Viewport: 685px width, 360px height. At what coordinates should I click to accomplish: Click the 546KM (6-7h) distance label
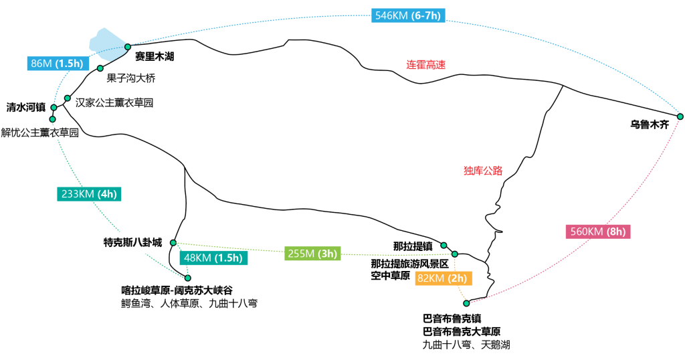(408, 15)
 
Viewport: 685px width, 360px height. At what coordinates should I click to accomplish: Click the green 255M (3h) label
(312, 253)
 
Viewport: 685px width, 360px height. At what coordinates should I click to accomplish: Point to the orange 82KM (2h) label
(442, 278)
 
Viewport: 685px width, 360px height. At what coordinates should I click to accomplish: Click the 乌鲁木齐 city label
(649, 124)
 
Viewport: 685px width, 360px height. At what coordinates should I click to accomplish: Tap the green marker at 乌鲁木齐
(680, 116)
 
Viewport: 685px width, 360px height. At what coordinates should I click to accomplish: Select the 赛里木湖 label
(155, 57)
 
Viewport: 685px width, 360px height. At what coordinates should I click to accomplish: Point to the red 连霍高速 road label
(426, 65)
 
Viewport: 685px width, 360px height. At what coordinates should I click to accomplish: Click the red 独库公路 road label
(482, 170)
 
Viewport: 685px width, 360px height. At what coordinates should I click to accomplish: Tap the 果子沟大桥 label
(131, 78)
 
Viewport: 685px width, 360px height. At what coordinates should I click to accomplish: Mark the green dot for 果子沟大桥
(100, 68)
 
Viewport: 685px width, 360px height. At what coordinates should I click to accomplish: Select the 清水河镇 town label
(25, 107)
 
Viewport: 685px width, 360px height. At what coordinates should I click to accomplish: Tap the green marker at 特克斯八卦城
(173, 242)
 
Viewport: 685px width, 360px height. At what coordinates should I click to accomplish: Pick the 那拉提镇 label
(413, 246)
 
